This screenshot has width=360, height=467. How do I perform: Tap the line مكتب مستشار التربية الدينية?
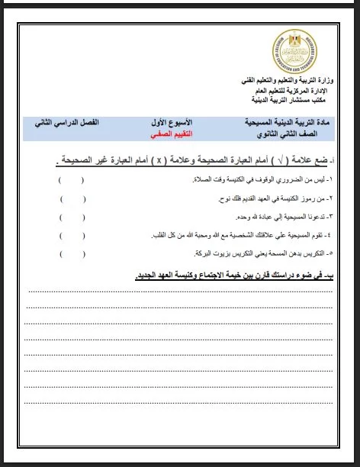click(x=297, y=99)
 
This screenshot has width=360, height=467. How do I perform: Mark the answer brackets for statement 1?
click(x=72, y=180)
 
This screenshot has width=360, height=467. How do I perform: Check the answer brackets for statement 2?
click(x=72, y=198)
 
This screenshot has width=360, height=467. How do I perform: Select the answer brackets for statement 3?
click(x=72, y=217)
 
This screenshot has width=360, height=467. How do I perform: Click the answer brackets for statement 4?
click(x=72, y=235)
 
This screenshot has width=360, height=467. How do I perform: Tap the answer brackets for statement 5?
click(x=72, y=253)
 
